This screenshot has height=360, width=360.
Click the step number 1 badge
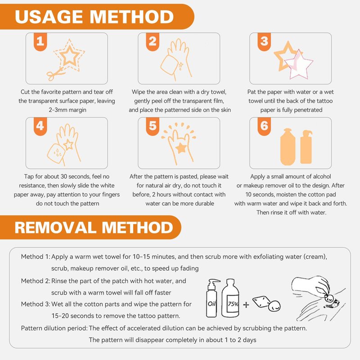(x=40, y=41)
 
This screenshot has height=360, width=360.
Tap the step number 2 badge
(x=153, y=41)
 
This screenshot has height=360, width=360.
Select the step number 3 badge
(x=264, y=41)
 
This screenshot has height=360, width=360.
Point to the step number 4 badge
(x=40, y=126)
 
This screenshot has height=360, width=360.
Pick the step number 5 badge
(x=153, y=126)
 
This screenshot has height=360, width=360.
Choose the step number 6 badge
(x=264, y=126)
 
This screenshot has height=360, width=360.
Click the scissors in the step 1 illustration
(x=55, y=73)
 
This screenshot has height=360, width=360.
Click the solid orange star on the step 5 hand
(x=181, y=148)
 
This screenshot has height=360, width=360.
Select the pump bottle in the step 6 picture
(x=306, y=147)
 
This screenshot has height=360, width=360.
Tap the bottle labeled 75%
(x=230, y=298)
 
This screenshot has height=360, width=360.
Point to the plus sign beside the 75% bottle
(x=246, y=305)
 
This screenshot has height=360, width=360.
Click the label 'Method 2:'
(x=36, y=281)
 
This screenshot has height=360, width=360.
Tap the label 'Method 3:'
(x=36, y=304)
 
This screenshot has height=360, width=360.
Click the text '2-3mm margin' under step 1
(x=67, y=110)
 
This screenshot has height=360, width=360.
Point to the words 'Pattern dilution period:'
(x=54, y=328)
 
